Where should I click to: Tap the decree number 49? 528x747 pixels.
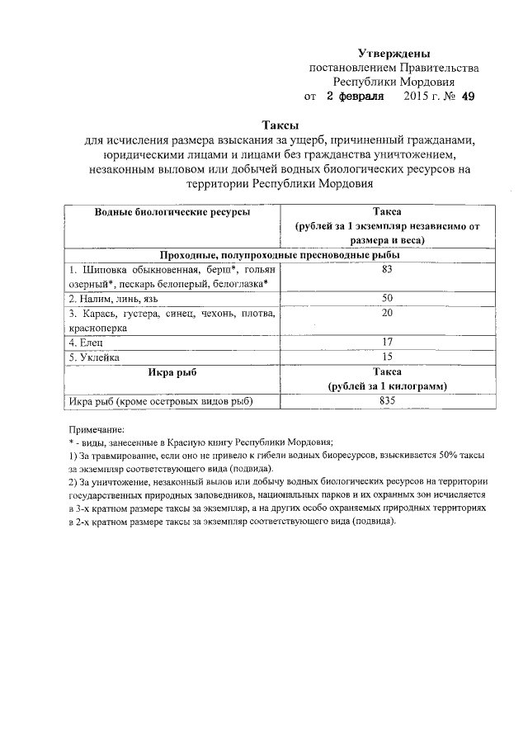468,97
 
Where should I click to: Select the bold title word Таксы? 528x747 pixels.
280,124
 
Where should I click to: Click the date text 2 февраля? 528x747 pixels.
356,97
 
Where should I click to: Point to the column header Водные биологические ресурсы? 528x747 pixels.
172,212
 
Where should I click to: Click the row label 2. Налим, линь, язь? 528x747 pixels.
107,298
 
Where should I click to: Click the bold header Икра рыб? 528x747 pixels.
172,371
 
